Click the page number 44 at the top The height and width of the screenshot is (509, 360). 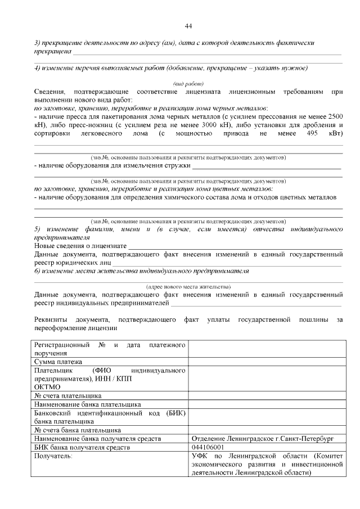point(188,26)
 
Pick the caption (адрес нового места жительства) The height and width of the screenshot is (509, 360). point(188,286)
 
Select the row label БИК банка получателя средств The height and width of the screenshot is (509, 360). point(82,448)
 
